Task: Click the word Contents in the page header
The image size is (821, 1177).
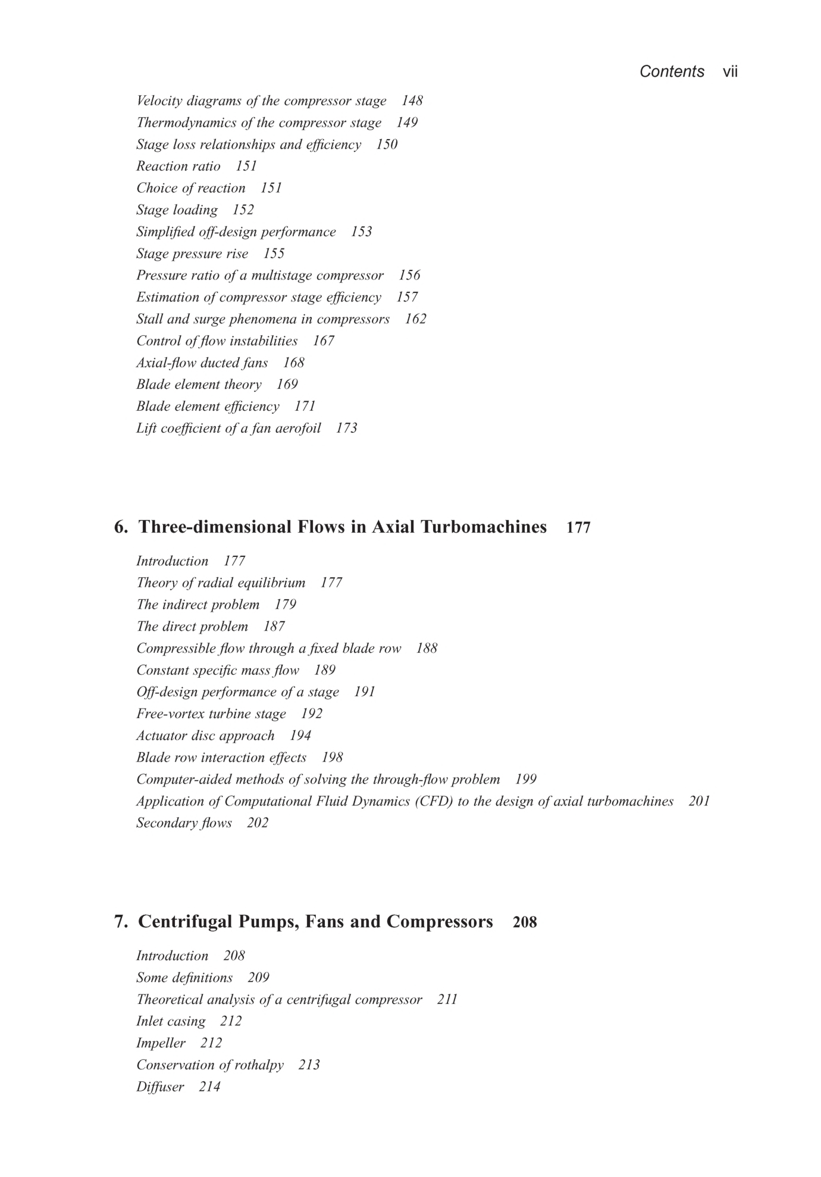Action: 672,72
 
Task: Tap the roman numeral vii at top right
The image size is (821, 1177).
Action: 730,72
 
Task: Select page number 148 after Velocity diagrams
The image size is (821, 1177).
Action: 412,101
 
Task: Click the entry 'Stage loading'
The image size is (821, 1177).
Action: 177,210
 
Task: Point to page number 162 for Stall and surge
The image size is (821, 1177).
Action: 415,319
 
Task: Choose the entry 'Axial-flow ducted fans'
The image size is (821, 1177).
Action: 202,363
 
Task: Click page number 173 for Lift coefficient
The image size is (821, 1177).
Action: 346,428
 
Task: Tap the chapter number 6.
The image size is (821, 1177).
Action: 120,527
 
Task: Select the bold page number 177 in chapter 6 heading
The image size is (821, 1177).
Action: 578,528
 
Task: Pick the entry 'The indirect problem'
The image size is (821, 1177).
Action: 198,605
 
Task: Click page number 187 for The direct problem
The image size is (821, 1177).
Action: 274,627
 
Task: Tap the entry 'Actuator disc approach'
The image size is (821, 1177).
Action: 205,736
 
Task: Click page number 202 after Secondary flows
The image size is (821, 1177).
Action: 258,823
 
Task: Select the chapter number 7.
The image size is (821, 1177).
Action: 120,922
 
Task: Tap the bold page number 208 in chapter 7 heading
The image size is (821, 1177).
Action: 525,923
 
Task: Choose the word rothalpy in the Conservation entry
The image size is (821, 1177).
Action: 259,1065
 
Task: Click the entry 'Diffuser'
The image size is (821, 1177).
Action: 160,1087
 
